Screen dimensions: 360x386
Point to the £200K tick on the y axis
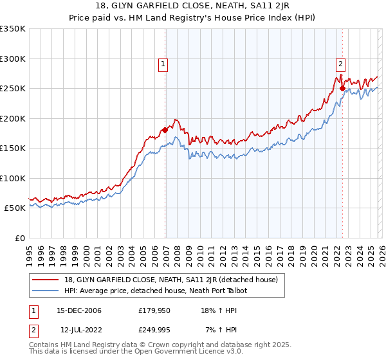tap(13, 118)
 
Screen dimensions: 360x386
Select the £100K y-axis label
tap(13, 178)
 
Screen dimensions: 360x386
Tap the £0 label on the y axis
tap(19, 238)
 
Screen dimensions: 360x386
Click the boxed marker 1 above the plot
tap(163, 64)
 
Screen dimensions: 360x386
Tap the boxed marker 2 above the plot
tap(340, 64)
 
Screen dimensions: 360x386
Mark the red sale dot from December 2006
tap(165, 130)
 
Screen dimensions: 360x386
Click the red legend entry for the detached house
tap(170, 280)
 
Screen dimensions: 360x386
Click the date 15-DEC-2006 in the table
tap(79, 311)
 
